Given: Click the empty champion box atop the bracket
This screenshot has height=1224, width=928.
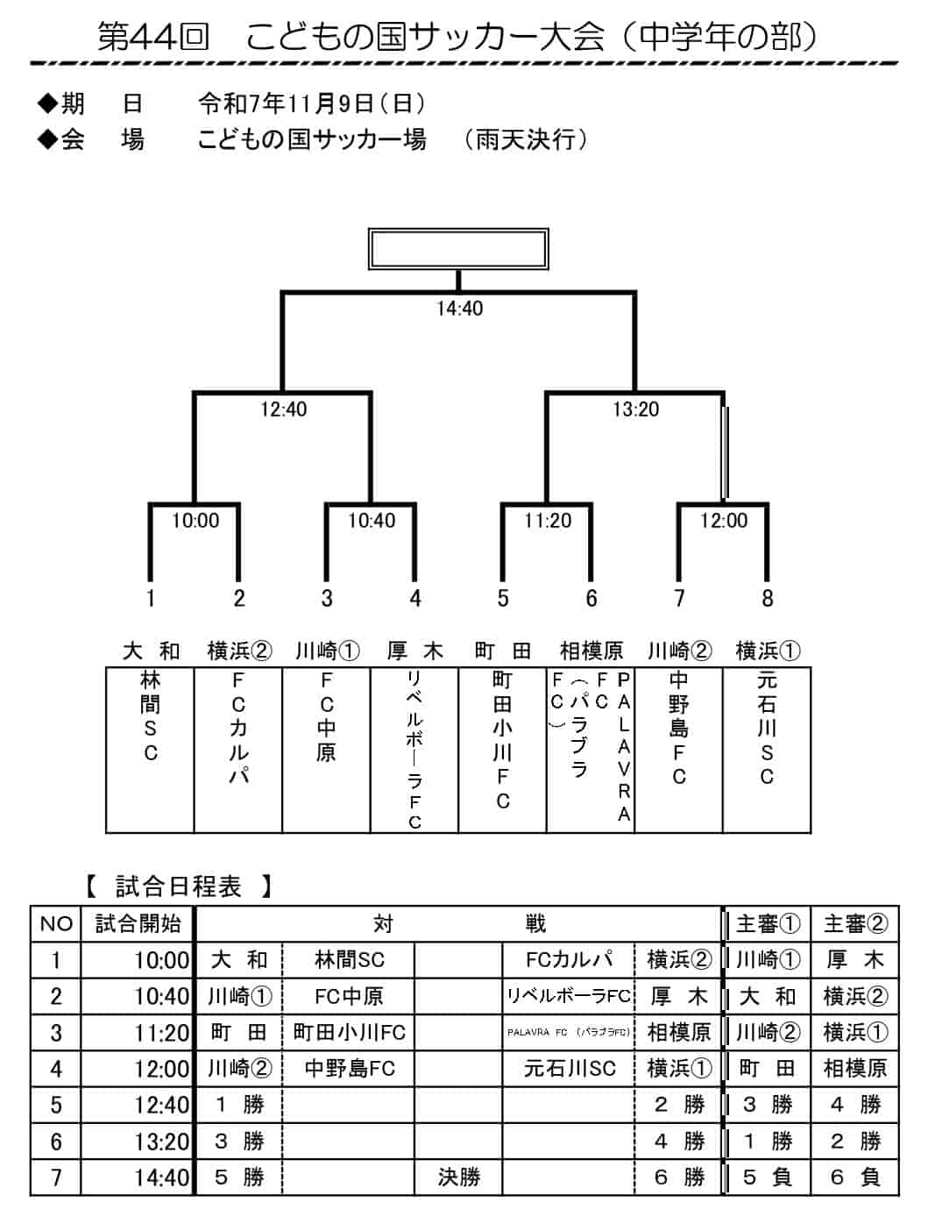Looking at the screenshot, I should (x=458, y=249).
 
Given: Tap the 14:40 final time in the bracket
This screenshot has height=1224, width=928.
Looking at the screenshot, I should (x=459, y=309).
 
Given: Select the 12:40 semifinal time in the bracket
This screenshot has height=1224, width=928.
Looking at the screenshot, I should (x=283, y=409).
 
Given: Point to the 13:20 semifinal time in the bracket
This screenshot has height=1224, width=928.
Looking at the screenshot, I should (x=635, y=409).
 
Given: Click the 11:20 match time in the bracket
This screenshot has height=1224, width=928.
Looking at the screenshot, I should (x=548, y=521).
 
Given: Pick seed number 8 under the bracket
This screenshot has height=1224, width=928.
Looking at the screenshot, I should (x=767, y=599).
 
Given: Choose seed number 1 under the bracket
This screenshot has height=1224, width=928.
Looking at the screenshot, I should (x=151, y=599).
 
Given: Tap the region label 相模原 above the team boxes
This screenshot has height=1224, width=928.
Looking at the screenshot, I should (x=592, y=651).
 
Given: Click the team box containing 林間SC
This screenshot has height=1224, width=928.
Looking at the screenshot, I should (x=151, y=750).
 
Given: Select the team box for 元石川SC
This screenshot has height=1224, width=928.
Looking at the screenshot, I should (x=767, y=750).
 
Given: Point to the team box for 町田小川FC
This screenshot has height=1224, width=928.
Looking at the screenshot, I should (x=502, y=750).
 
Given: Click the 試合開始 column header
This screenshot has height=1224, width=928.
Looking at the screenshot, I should (x=138, y=924).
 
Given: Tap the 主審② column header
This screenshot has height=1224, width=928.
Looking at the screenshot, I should (x=855, y=924).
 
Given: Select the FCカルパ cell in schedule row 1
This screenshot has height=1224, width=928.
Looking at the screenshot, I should (x=569, y=960).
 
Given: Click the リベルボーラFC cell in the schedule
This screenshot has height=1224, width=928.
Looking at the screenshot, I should (x=569, y=996).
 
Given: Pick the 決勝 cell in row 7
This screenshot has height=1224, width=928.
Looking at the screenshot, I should (x=459, y=1177).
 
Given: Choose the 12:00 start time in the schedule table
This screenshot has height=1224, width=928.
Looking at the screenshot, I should (x=161, y=1069).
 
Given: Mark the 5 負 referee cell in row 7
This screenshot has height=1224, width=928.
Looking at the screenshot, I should (x=767, y=1177).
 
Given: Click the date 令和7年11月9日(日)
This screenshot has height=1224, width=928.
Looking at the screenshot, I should (x=312, y=104).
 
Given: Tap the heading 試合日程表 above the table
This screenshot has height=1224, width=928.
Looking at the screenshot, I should (x=179, y=886).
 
